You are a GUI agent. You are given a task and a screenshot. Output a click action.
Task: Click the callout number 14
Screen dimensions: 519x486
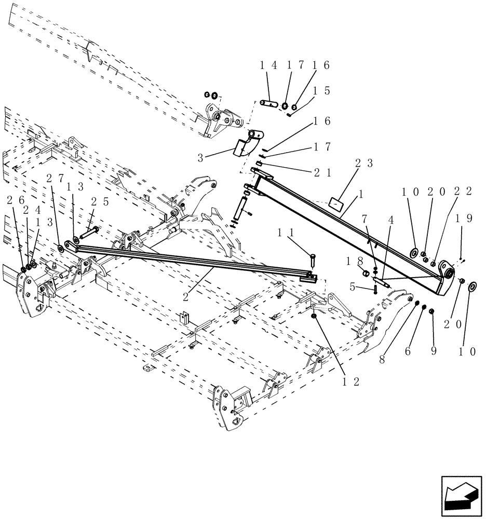268,65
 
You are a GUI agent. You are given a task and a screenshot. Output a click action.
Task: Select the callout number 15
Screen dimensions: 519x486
319,90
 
